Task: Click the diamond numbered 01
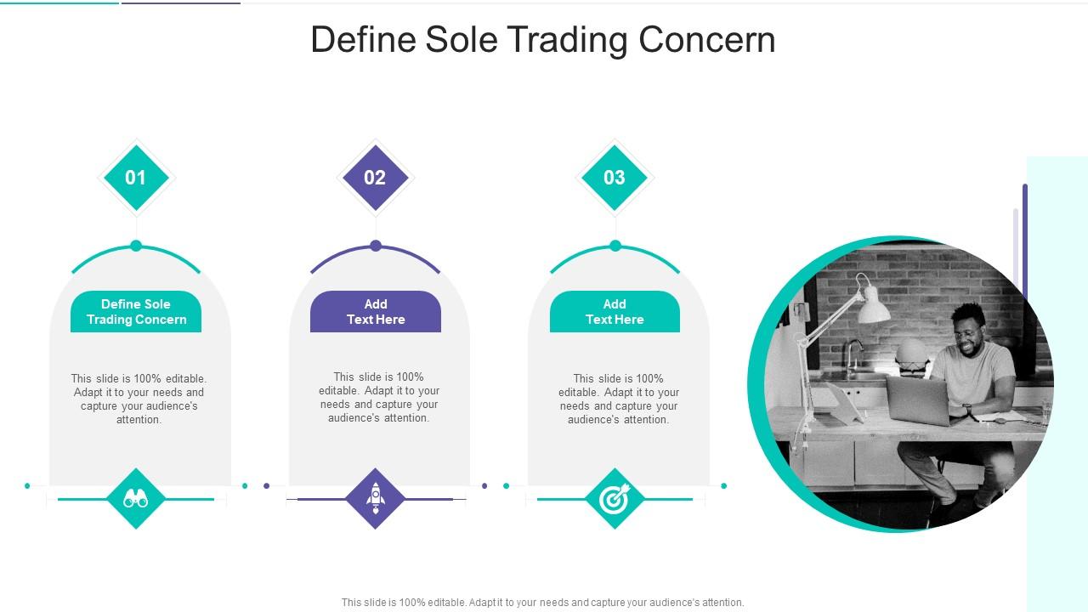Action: (x=136, y=178)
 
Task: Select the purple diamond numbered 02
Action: (x=375, y=178)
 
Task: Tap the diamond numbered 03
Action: (x=615, y=178)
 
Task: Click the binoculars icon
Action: (x=136, y=498)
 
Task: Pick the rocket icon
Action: (x=376, y=498)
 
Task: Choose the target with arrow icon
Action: (x=615, y=499)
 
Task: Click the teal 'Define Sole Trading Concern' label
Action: (x=136, y=312)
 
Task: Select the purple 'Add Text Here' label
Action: (x=376, y=312)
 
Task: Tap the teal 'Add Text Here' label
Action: (x=615, y=312)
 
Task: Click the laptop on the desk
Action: (x=919, y=400)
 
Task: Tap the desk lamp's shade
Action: (x=872, y=307)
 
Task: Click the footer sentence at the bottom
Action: (x=542, y=603)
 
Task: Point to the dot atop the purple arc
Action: (x=376, y=246)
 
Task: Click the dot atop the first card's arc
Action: (x=136, y=246)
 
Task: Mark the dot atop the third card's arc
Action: (x=615, y=246)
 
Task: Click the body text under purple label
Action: (x=379, y=397)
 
